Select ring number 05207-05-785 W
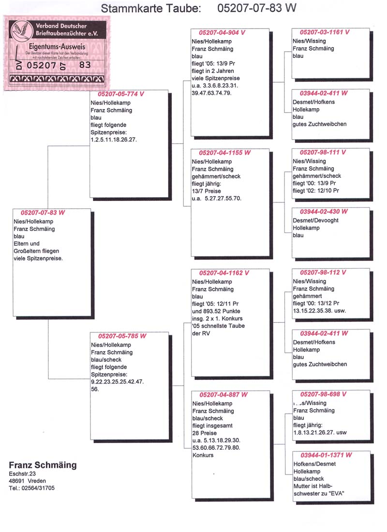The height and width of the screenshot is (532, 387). (x=122, y=336)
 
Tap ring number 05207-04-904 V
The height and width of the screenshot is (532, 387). (x=223, y=32)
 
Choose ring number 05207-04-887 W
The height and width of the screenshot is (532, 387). (x=223, y=395)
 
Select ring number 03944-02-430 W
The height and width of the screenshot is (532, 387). (x=324, y=212)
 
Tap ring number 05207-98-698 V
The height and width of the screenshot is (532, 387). (x=323, y=394)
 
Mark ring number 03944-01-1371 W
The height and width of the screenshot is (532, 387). (x=326, y=455)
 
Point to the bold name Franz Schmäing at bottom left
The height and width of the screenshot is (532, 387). (x=43, y=465)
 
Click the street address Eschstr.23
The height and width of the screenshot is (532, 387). (x=22, y=474)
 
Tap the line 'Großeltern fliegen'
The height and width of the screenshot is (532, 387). (x=38, y=251)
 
